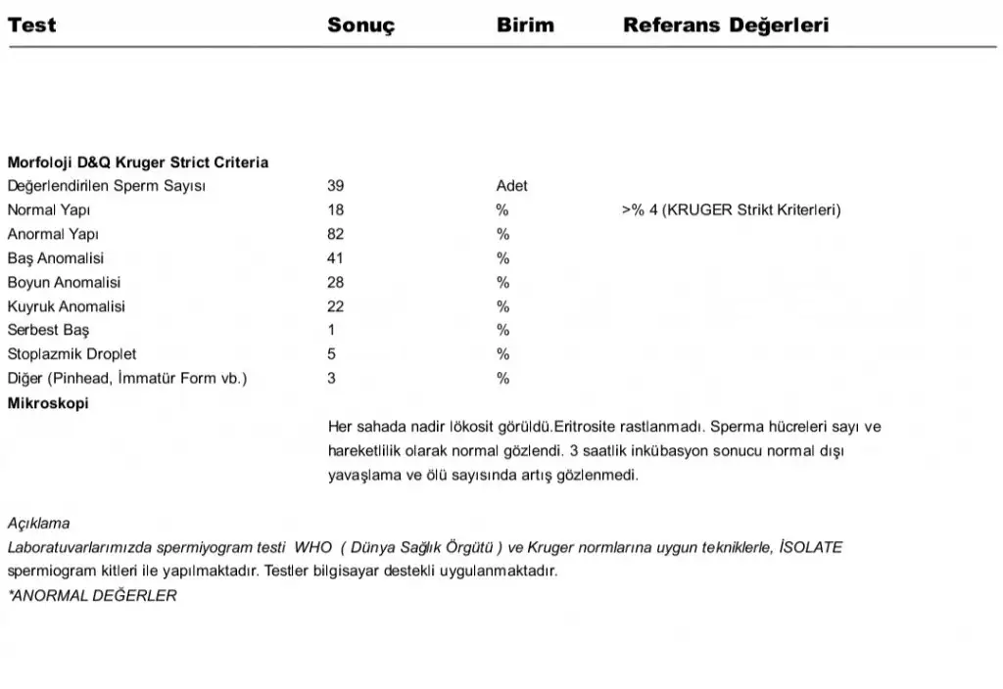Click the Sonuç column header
pyautogui.click(x=360, y=25)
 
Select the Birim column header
pyautogui.click(x=525, y=25)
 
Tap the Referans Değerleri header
pyautogui.click(x=725, y=25)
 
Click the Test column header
pyautogui.click(x=31, y=25)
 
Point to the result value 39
pyautogui.click(x=336, y=186)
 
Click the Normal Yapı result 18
pyautogui.click(x=336, y=209)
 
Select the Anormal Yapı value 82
pyautogui.click(x=336, y=234)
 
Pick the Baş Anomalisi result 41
pyautogui.click(x=336, y=258)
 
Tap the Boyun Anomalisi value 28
pyautogui.click(x=336, y=282)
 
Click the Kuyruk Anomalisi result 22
pyautogui.click(x=336, y=306)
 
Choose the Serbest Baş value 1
pyautogui.click(x=332, y=330)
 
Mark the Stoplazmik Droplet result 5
pyautogui.click(x=332, y=354)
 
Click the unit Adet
pyautogui.click(x=511, y=186)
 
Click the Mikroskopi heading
pyautogui.click(x=48, y=402)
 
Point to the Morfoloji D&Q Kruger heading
pyautogui.click(x=137, y=162)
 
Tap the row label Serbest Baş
pyautogui.click(x=48, y=330)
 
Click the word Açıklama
pyautogui.click(x=38, y=524)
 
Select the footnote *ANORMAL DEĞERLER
pyautogui.click(x=92, y=595)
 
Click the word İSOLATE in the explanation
pyautogui.click(x=809, y=547)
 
